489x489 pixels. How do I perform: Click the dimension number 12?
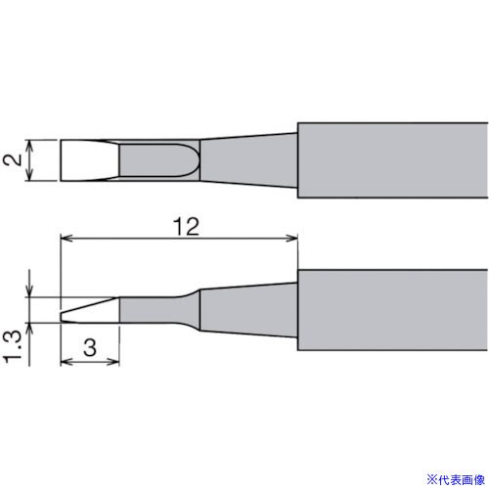pos(186,226)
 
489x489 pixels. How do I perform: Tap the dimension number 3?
pos(90,347)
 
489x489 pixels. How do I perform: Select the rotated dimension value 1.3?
pos(13,346)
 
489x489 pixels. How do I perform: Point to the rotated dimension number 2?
pos(13,159)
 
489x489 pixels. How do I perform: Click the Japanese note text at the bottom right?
pos(456,480)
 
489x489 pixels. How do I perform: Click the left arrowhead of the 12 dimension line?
pos(67,238)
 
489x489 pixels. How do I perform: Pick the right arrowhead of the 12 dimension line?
pos(291,238)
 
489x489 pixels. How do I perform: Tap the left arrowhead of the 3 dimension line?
pos(67,362)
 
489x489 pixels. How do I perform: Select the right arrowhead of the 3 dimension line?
pos(114,362)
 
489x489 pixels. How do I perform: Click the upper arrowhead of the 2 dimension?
pos(29,146)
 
